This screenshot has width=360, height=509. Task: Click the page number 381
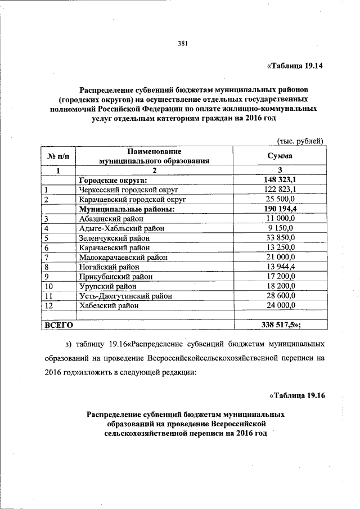tap(182, 44)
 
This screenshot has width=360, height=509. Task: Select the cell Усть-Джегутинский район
tap(125, 295)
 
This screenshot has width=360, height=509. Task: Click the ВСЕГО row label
tap(58, 325)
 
